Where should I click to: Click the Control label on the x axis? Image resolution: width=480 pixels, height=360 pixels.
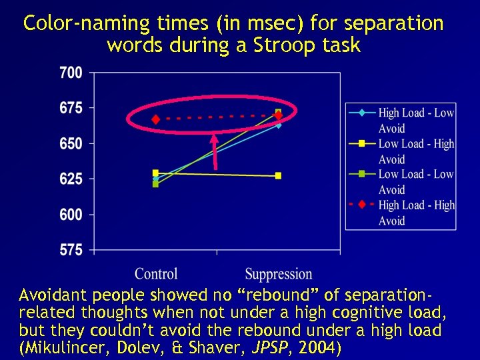pyautogui.click(x=156, y=273)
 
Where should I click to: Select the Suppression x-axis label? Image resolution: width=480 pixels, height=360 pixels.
pyautogui.click(x=278, y=273)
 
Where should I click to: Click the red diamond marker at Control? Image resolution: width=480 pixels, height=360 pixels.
pyautogui.click(x=156, y=120)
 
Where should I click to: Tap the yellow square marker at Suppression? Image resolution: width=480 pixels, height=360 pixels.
pyautogui.click(x=278, y=176)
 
